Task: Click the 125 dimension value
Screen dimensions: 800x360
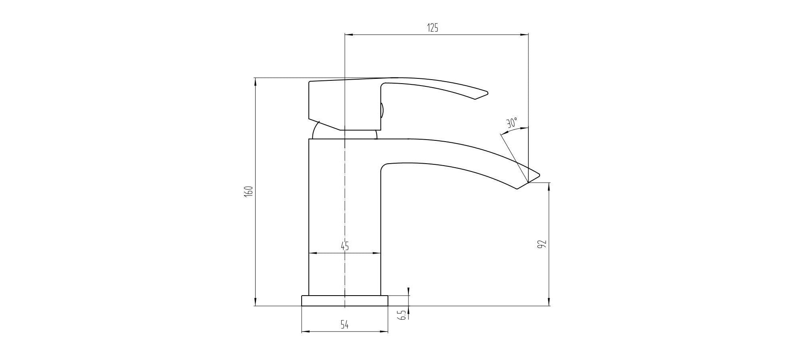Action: pos(433,28)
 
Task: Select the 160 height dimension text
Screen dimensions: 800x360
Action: pos(248,191)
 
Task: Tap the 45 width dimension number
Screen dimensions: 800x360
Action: pos(345,246)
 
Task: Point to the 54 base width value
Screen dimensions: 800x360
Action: pos(345,325)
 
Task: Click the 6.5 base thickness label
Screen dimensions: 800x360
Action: pos(402,315)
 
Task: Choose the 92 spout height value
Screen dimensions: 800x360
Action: pos(542,244)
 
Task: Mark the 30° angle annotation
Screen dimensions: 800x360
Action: pos(512,122)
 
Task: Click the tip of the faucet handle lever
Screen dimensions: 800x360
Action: pos(488,94)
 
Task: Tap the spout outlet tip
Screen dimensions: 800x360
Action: pos(540,174)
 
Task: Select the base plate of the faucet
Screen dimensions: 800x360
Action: pos(345,301)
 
